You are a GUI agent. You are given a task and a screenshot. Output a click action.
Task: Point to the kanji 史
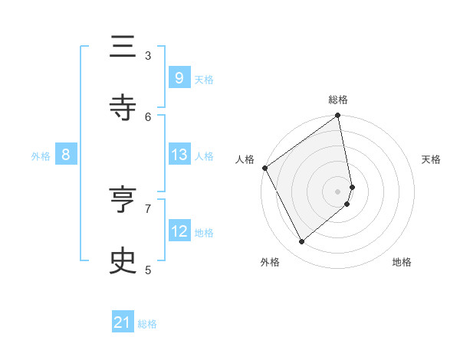coord(123,260)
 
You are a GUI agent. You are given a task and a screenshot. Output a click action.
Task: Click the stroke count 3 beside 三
coord(148,55)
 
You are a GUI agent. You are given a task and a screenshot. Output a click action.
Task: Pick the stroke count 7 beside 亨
coord(148,208)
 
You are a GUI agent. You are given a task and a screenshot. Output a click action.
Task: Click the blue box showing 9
coord(179,77)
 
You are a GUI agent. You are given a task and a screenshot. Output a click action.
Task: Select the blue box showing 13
coord(179,155)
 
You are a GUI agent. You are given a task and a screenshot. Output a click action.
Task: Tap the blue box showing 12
coord(179,231)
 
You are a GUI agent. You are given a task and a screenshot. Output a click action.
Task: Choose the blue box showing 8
coord(66,155)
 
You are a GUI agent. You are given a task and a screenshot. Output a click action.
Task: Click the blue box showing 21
coord(123,322)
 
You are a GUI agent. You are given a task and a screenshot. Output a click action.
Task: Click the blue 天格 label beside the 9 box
coord(204,79)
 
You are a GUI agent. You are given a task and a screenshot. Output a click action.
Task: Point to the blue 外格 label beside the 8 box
coord(41,156)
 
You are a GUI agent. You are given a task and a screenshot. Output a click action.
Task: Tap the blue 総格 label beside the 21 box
coord(147,324)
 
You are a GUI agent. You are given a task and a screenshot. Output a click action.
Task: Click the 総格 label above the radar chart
coord(338,100)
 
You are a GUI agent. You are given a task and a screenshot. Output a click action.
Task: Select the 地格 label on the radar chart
coord(402,262)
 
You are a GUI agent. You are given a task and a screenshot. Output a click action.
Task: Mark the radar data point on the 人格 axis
coord(264,168)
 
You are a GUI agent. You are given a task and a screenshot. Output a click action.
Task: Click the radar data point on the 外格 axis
coord(301,242)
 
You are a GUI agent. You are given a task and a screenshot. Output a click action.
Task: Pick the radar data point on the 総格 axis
coord(338,116)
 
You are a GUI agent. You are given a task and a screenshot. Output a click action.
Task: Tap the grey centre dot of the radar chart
coord(338,191)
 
